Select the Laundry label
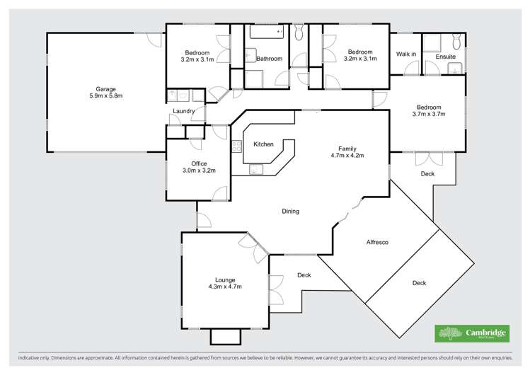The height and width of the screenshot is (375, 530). [183, 112]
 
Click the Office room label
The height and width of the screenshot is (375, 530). [199, 163]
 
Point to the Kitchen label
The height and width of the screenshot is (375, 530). [263, 144]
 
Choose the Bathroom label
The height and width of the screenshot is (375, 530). [269, 59]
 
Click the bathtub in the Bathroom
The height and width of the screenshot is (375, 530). [264, 32]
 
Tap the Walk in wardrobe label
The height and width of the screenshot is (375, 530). [405, 54]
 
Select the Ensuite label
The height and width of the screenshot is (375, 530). [446, 56]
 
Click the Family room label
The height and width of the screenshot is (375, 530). [346, 149]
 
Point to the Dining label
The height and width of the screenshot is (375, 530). [290, 211]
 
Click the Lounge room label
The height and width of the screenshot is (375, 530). [225, 280]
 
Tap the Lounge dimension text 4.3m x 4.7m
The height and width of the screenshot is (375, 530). [225, 287]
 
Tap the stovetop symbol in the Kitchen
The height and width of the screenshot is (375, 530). [236, 146]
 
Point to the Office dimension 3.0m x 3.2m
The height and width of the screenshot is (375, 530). [199, 171]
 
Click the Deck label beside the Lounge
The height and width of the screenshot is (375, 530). [304, 275]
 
